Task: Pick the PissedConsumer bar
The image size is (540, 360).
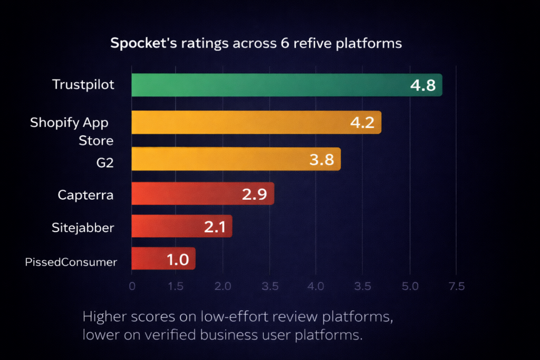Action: click(x=163, y=258)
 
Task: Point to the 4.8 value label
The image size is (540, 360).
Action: click(x=422, y=85)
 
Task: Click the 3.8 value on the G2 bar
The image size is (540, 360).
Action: click(x=322, y=160)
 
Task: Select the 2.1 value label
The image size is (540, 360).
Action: click(x=215, y=227)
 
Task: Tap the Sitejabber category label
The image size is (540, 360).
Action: click(x=83, y=228)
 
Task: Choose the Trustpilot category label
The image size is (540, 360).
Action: click(x=83, y=84)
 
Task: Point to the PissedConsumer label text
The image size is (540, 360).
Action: click(x=71, y=262)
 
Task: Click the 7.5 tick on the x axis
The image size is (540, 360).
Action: click(x=456, y=286)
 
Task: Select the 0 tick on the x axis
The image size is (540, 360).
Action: click(x=132, y=286)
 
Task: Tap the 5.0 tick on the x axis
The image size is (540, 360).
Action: click(x=410, y=286)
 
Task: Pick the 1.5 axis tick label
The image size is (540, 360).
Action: click(x=176, y=286)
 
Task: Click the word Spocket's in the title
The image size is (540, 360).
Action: click(x=138, y=43)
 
